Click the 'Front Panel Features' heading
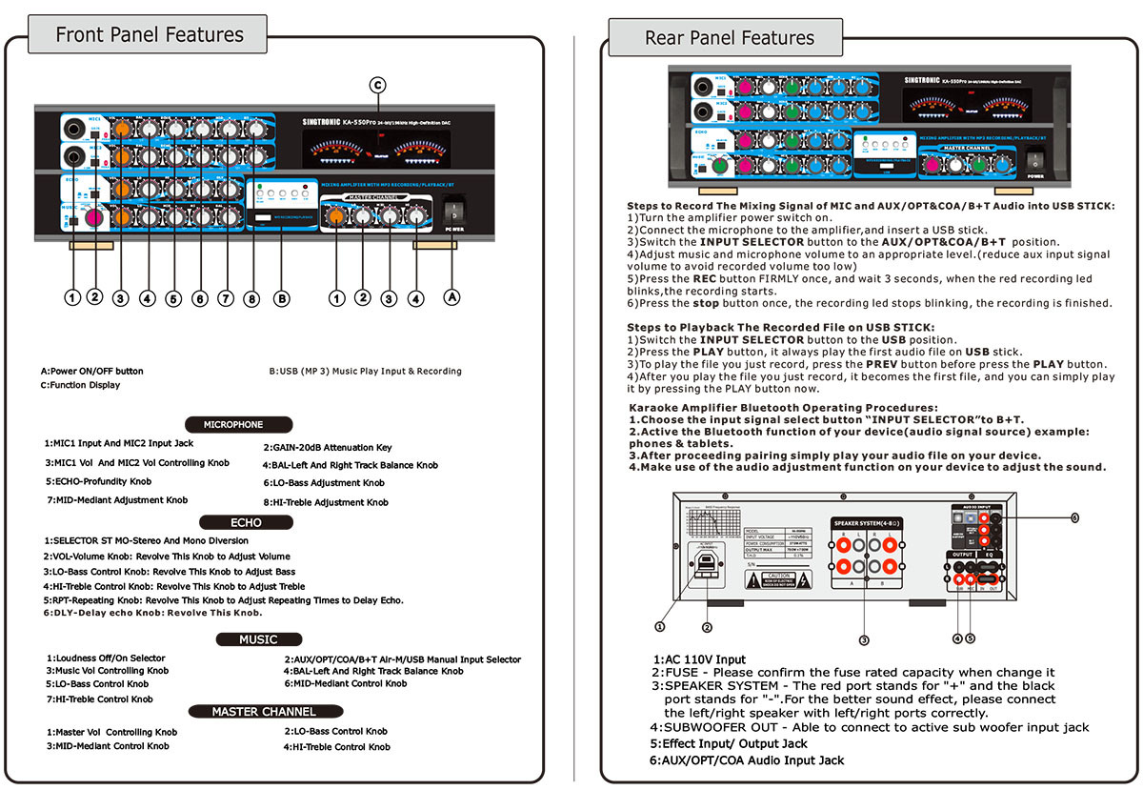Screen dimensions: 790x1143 coord(149,35)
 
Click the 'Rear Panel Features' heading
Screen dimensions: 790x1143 coord(729,38)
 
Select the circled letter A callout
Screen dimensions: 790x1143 coord(452,297)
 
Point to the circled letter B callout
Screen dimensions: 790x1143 coord(281,298)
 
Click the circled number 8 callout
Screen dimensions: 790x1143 coord(251,298)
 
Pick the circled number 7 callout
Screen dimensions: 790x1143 coord(226,298)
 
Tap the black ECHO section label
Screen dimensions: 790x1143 coord(246,522)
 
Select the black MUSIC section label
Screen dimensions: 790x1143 coord(258,639)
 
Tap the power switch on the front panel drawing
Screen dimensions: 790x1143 coord(452,208)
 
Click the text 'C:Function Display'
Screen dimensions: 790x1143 coord(80,386)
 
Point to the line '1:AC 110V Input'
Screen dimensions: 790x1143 coord(699,659)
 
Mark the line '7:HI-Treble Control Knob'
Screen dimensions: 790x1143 coord(100,699)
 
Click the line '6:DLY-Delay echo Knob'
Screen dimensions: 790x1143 coord(139,613)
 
